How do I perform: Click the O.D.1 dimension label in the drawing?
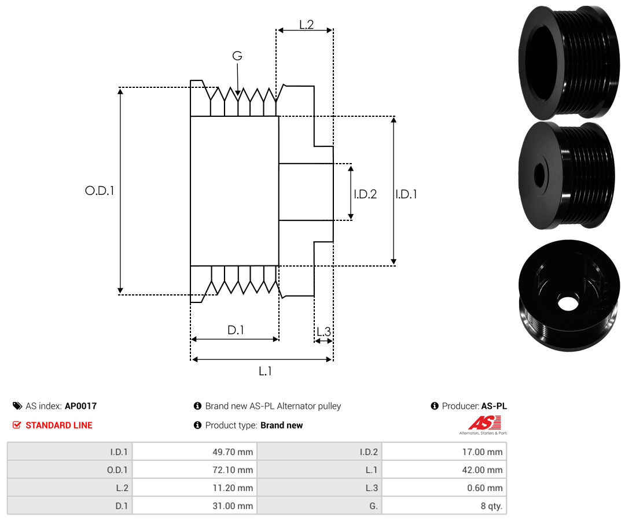coord(100,190)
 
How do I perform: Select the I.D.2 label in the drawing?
coord(365,194)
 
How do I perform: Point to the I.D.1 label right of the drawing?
coord(406,194)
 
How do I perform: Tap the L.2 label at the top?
coord(306,24)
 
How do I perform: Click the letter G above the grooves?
coord(237,56)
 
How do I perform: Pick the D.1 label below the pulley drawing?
coord(236,330)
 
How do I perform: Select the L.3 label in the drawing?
coord(323,331)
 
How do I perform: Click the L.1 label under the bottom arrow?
coord(265,371)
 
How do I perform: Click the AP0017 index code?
coord(80,406)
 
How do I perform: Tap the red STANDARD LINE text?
coord(59,425)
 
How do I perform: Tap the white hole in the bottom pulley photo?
coord(568,302)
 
